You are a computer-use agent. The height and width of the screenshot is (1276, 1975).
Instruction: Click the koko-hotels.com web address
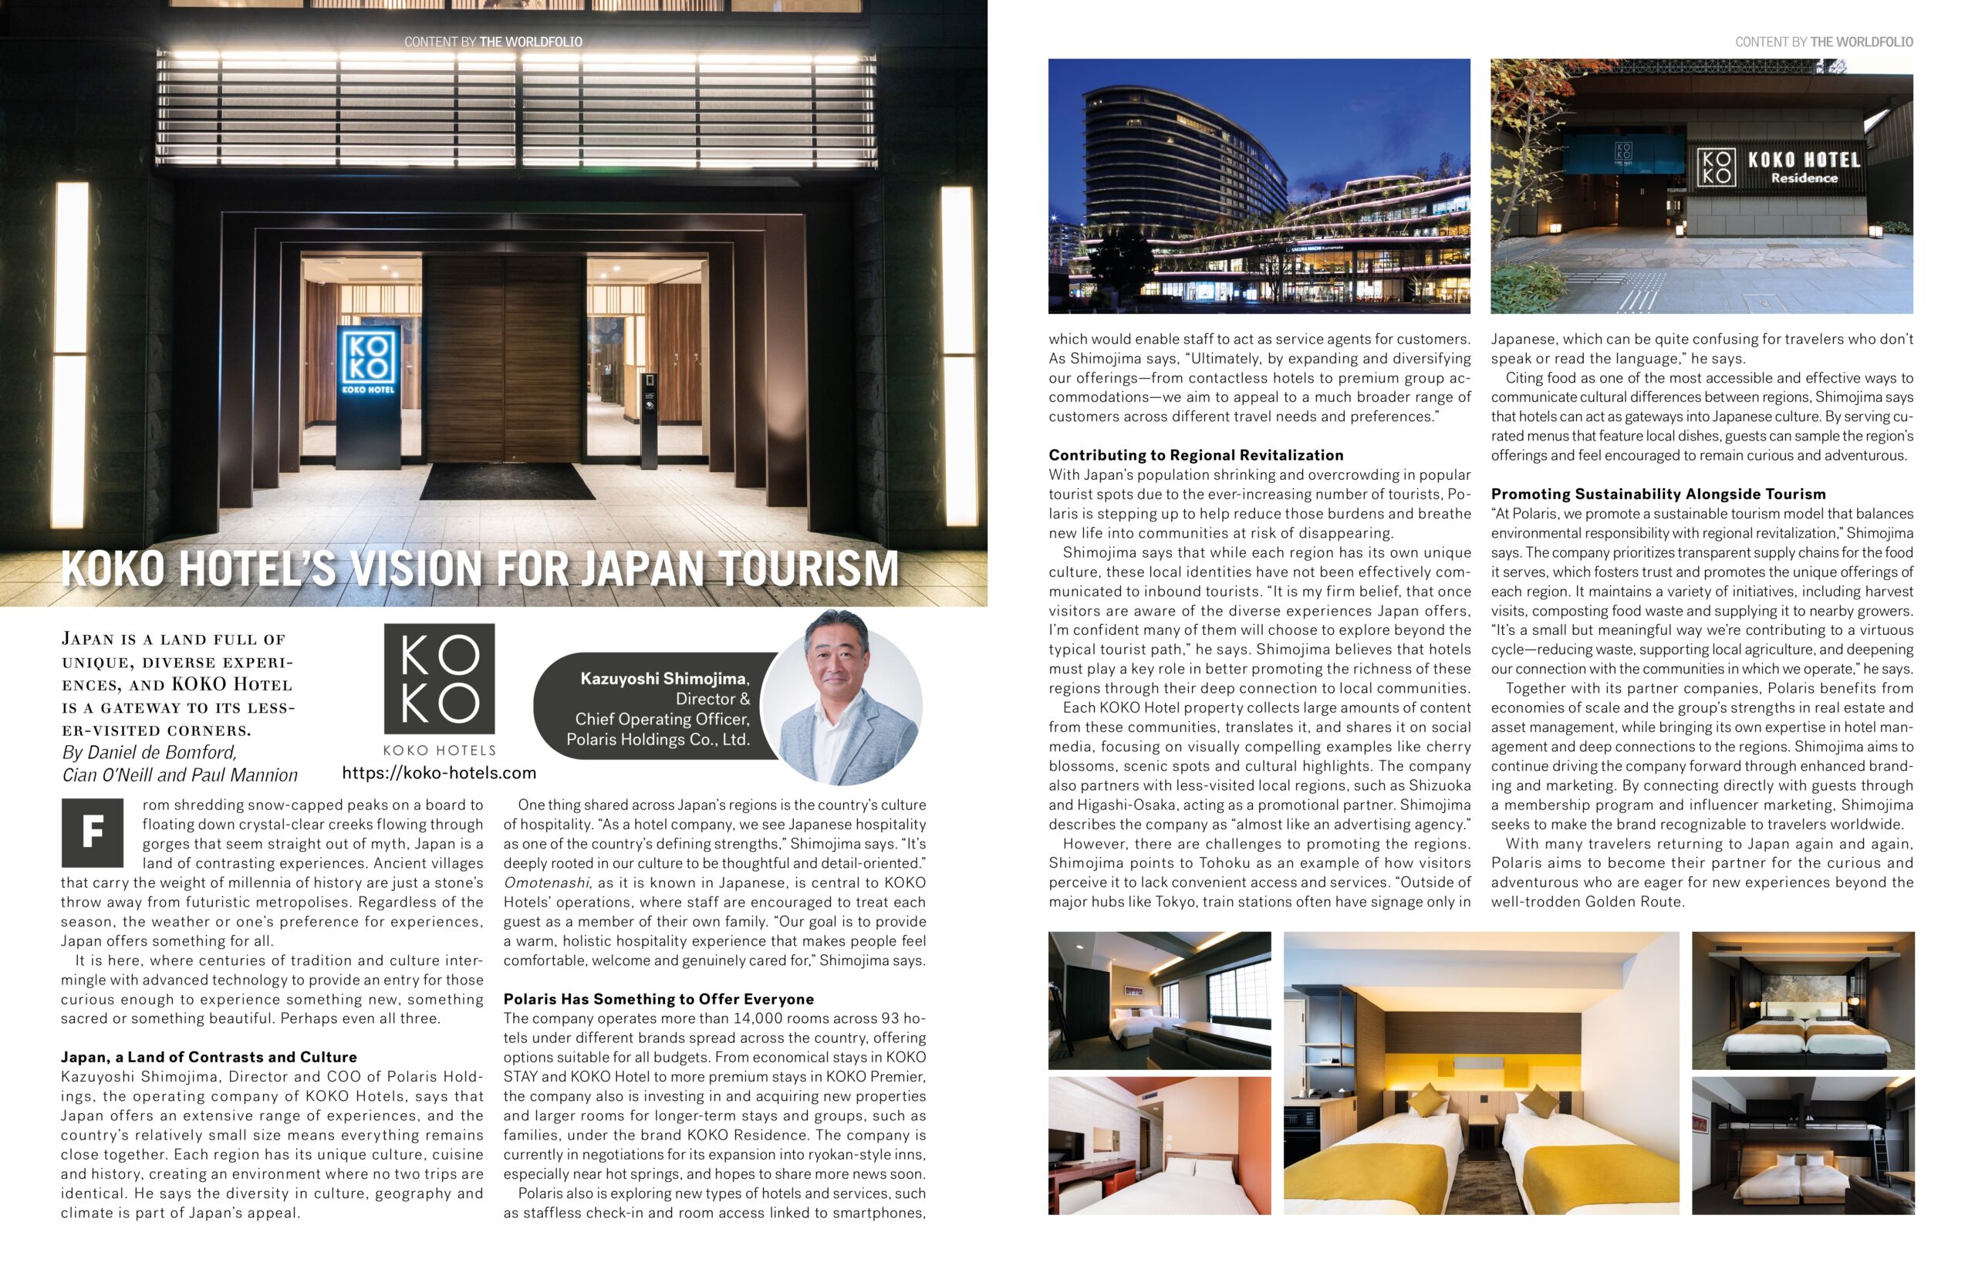pos(439,773)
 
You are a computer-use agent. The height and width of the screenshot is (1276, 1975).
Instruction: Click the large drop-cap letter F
pos(92,832)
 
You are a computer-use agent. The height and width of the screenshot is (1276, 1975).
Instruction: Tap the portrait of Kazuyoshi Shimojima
pos(841,697)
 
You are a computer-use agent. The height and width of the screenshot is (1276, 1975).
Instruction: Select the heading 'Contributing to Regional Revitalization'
pos(1196,455)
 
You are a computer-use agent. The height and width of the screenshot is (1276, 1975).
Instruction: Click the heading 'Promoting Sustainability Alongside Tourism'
pos(1658,494)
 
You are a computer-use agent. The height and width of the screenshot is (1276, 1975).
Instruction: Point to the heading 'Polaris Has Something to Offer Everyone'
pos(659,999)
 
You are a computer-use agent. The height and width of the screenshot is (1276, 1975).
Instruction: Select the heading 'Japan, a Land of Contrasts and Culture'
pos(209,1057)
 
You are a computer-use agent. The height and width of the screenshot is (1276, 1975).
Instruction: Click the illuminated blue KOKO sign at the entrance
pos(367,362)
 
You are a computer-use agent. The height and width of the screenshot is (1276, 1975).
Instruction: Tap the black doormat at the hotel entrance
pos(506,481)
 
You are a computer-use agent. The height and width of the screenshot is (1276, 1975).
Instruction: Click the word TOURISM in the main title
pos(809,569)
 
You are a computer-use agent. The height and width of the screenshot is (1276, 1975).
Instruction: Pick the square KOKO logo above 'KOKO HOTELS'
pos(439,679)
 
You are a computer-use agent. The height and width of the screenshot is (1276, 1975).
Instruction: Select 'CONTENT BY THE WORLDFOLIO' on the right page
pos(1823,42)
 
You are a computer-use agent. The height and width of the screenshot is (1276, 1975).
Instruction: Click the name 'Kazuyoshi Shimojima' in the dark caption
pos(662,679)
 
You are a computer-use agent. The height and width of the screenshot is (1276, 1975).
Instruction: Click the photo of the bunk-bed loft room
pos(1803,1146)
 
